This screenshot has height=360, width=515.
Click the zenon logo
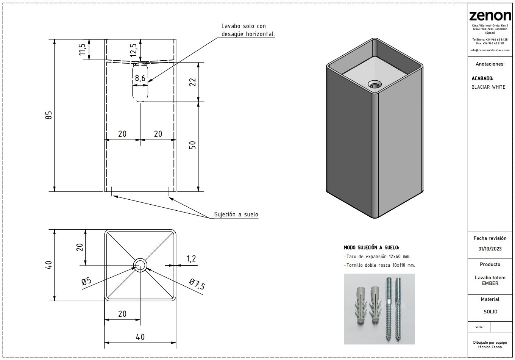(490, 16)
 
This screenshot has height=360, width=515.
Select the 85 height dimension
(48, 115)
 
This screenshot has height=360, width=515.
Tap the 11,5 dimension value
(82, 49)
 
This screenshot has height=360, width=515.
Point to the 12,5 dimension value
(133, 49)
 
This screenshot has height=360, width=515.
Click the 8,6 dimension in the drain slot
(140, 78)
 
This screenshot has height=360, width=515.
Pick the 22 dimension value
(192, 82)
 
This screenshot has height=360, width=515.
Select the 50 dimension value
(192, 145)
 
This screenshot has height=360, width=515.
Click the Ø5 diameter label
(86, 281)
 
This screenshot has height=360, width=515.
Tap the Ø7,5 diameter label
(197, 284)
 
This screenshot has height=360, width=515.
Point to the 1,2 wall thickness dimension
(191, 258)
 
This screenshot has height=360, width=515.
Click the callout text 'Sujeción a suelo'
(236, 214)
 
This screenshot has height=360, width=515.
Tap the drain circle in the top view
(140, 265)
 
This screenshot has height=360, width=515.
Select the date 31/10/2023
(490, 249)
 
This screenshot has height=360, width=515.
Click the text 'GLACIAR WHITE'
(488, 87)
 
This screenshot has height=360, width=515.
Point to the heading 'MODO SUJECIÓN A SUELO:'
(371, 247)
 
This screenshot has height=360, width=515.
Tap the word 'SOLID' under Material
(490, 312)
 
